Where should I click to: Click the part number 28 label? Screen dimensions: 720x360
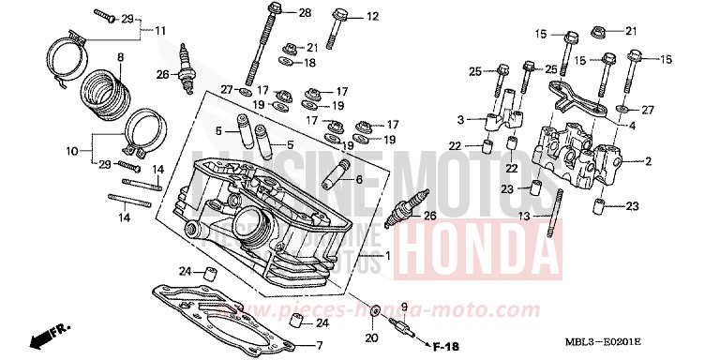pyautogui.click(x=305, y=12)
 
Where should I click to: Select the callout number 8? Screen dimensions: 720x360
pyautogui.click(x=120, y=56)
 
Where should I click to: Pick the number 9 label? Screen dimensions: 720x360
pyautogui.click(x=404, y=307)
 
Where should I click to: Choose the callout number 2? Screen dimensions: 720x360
pyautogui.click(x=648, y=161)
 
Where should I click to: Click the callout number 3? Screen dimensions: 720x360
pyautogui.click(x=461, y=120)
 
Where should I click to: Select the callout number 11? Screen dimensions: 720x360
pyautogui.click(x=160, y=31)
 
